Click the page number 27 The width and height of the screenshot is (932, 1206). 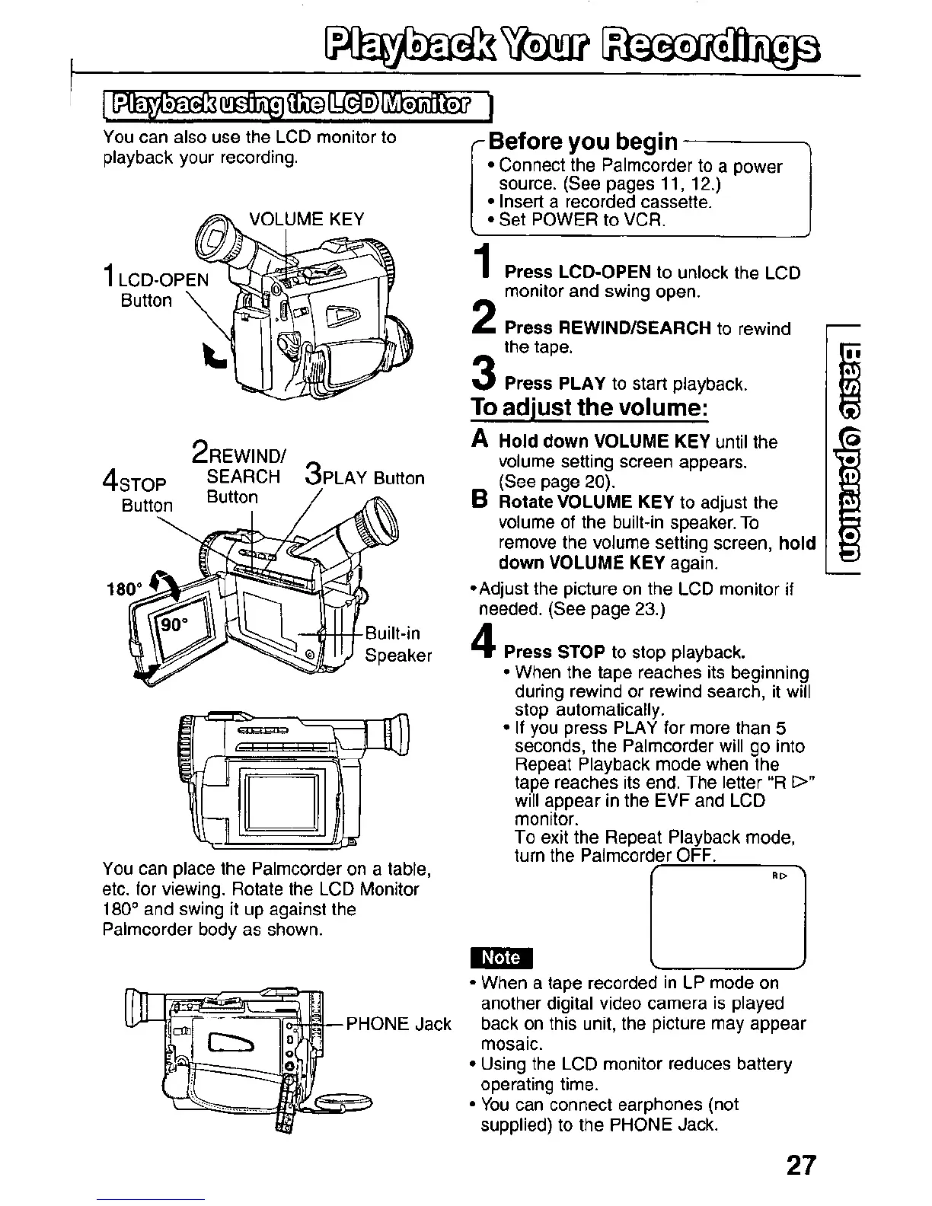(x=797, y=1166)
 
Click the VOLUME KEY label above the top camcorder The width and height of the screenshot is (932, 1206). (x=307, y=219)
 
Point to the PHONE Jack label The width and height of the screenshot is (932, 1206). (x=399, y=1024)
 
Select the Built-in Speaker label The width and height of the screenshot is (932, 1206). (x=398, y=644)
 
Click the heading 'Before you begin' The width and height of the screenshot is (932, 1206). (x=582, y=141)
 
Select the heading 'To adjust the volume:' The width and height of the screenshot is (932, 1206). (x=589, y=407)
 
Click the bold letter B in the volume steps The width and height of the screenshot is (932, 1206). (x=480, y=502)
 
